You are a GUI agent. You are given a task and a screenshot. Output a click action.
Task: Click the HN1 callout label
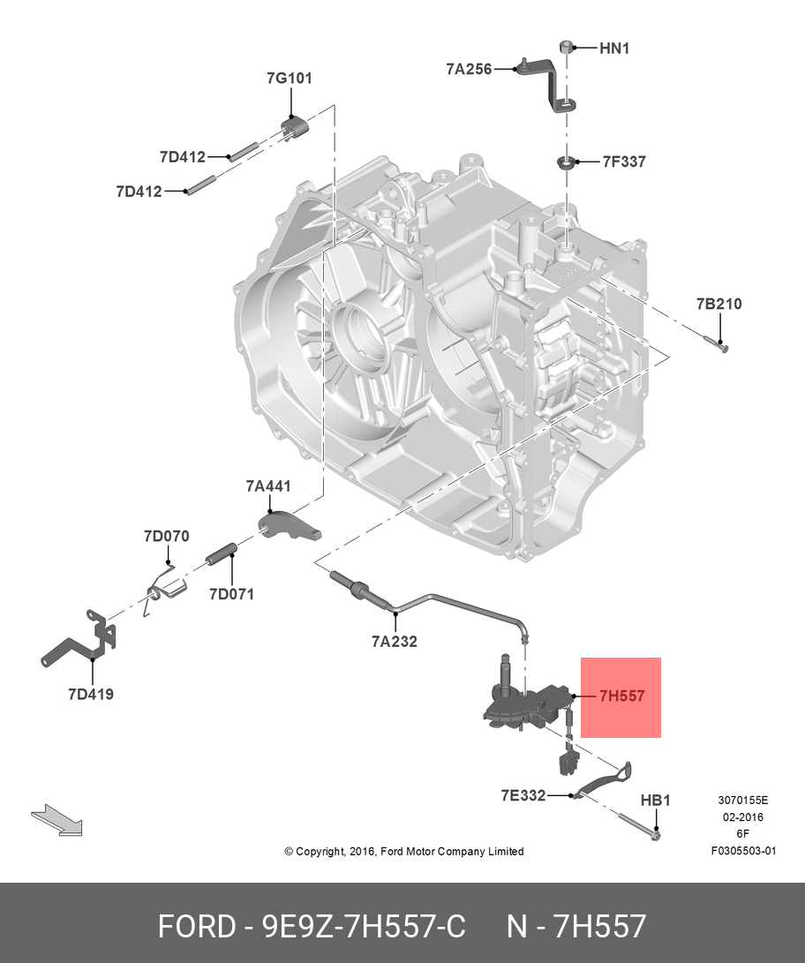point(614,49)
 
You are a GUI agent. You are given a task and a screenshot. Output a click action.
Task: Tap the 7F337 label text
point(624,162)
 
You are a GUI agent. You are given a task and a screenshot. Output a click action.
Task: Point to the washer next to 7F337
point(566,162)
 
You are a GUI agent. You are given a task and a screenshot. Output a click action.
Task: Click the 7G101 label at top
point(290,78)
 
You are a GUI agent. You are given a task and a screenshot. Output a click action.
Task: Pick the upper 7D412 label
point(183,157)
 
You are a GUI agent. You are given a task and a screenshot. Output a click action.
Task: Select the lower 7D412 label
point(139,191)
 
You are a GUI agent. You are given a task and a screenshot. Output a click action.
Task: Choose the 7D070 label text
point(167,536)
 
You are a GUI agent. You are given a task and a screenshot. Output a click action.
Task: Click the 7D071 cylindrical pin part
point(223,557)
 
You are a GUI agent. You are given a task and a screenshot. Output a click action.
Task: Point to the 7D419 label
point(90,694)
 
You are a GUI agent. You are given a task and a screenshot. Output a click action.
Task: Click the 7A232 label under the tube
point(395,642)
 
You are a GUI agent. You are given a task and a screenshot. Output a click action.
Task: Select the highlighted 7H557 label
point(621,696)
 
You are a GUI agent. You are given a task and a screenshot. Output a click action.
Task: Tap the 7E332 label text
point(523,795)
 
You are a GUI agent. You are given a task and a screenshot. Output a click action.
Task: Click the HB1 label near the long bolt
point(655,800)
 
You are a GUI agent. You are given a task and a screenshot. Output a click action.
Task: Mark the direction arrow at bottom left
point(56,820)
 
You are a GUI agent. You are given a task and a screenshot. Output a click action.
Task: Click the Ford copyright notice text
point(403,852)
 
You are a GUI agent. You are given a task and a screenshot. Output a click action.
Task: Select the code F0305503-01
point(743,851)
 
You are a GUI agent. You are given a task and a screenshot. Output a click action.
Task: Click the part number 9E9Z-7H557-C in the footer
point(364,927)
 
